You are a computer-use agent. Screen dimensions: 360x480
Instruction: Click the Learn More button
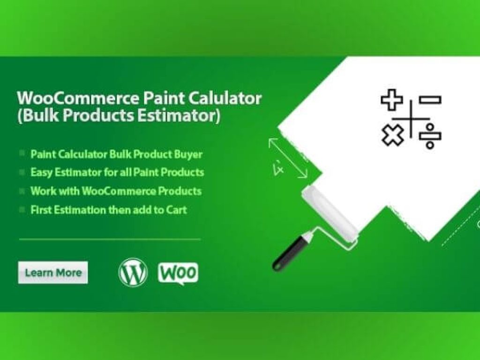click(53, 272)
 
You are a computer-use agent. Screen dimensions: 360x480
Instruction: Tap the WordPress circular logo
click(133, 272)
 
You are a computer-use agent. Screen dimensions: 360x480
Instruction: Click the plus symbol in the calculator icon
click(391, 100)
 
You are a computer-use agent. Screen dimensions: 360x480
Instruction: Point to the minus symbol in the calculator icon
click(430, 99)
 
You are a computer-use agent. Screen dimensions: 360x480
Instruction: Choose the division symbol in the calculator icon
click(430, 136)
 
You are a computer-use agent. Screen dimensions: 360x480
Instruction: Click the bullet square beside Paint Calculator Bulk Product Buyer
click(22, 154)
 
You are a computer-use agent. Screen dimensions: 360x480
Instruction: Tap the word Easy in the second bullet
click(42, 172)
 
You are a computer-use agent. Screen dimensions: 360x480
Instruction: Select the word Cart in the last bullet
click(176, 210)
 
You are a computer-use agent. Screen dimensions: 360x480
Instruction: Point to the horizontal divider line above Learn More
click(110, 239)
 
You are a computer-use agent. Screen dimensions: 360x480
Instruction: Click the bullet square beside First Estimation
click(22, 210)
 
